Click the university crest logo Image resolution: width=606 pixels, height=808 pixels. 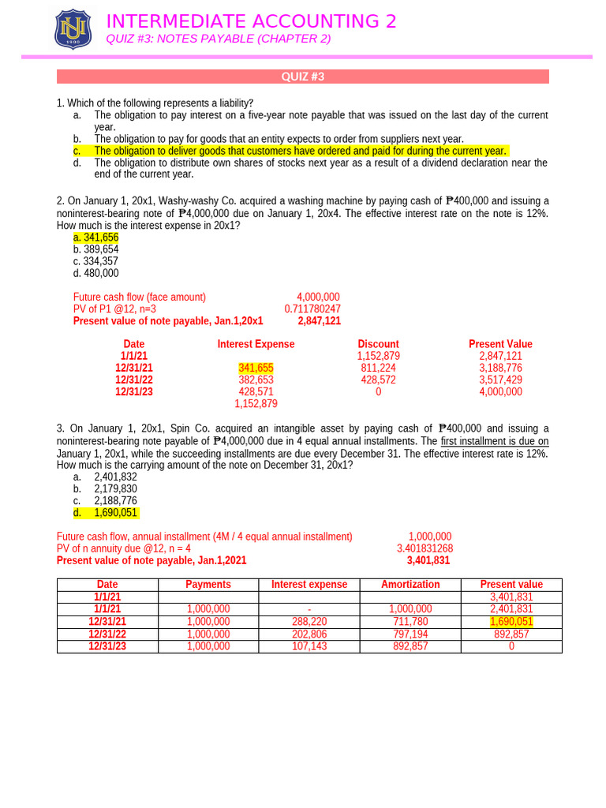[x=73, y=29]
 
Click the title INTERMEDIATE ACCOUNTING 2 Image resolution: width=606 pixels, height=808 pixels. [x=251, y=21]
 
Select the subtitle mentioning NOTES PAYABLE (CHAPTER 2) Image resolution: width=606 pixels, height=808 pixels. [x=218, y=39]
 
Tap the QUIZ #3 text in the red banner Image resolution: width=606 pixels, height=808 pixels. [x=303, y=77]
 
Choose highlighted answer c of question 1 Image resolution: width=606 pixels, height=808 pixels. [x=300, y=151]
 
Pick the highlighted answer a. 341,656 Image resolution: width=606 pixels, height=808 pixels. [x=95, y=238]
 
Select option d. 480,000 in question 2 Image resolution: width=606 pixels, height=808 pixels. [x=95, y=273]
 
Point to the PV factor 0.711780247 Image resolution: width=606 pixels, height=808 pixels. [x=312, y=309]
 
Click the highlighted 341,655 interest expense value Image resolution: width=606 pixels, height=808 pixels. [x=256, y=368]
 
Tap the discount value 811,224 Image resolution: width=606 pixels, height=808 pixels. [x=378, y=368]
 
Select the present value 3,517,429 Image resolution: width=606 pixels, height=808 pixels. [x=500, y=380]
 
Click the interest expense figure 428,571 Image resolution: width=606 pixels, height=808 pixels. [x=256, y=391]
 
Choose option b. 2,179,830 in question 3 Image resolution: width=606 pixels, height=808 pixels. [x=115, y=488]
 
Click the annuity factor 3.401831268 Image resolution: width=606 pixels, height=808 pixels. [x=425, y=548]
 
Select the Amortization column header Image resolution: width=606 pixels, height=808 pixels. [x=410, y=585]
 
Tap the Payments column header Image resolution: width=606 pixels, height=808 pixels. [x=208, y=585]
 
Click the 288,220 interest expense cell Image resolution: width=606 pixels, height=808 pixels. [x=309, y=622]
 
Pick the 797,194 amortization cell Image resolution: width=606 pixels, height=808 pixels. [x=410, y=634]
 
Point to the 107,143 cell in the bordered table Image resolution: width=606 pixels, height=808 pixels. [x=309, y=646]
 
